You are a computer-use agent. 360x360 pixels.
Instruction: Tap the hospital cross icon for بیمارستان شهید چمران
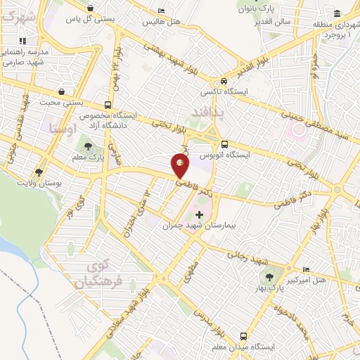(199, 214)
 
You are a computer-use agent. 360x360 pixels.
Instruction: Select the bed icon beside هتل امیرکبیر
(306, 270)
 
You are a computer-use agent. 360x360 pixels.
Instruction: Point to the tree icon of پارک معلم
(89, 147)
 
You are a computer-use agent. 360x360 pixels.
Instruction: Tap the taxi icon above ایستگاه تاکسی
(223, 82)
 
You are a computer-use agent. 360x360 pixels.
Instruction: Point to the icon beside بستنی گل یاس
(90, 8)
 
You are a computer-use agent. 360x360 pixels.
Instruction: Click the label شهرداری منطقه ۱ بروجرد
(330, 30)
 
